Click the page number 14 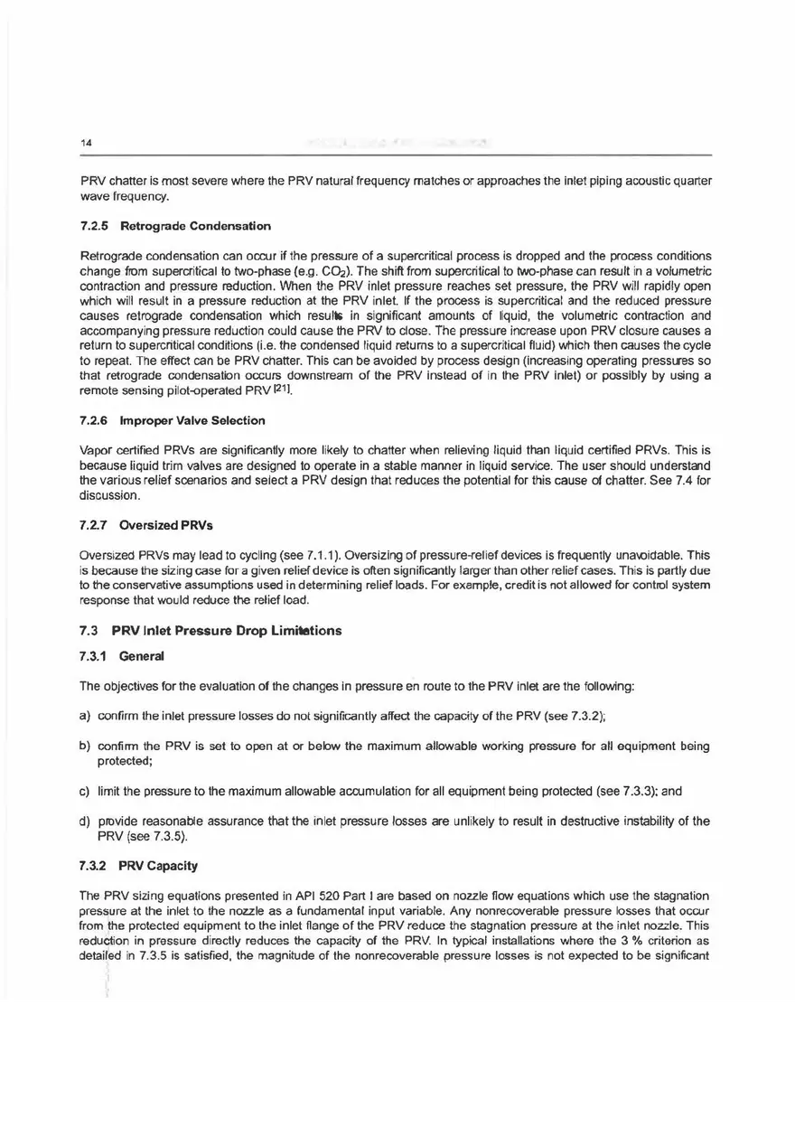pos(85,143)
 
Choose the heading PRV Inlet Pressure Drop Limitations pos(231,630)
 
